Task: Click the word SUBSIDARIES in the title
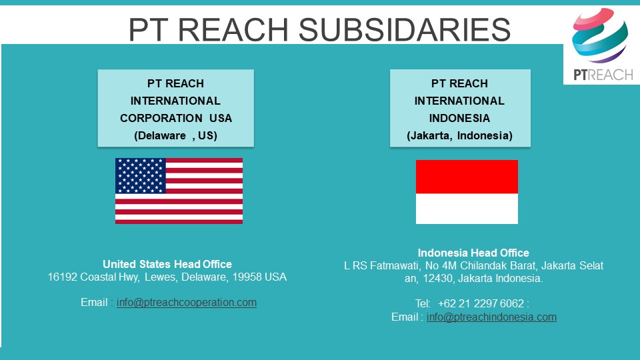coord(405,29)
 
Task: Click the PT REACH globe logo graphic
coord(600,35)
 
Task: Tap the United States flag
coord(179,191)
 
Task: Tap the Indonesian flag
coord(467,192)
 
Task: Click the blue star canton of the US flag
coord(141,175)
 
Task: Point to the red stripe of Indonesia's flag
coord(467,177)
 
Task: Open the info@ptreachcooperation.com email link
coord(187,303)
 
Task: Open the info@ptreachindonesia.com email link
coord(491,317)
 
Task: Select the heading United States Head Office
coord(167,264)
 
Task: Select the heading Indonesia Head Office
coord(473,253)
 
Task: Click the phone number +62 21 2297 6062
coord(481,304)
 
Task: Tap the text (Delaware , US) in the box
coord(175,135)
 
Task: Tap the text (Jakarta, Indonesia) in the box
coord(459,135)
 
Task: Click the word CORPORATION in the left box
coord(161,118)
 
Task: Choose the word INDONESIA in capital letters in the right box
coord(459,118)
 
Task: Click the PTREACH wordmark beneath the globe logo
coord(603,75)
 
